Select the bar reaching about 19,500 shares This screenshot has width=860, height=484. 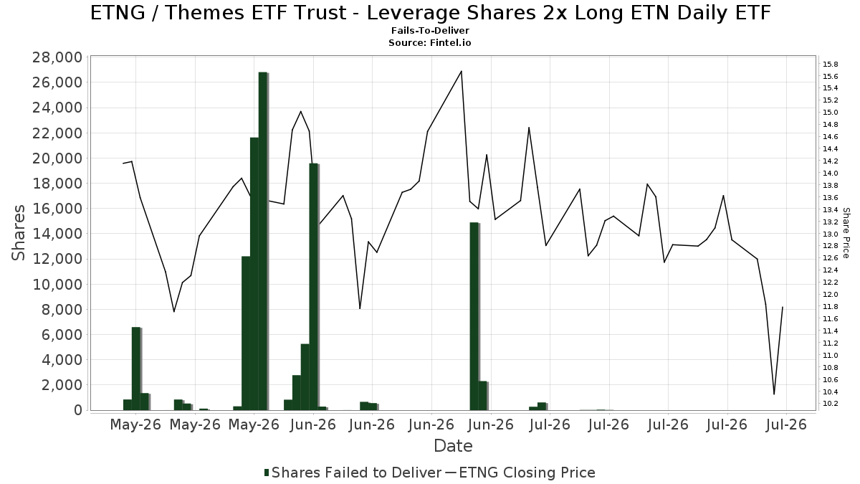[314, 287]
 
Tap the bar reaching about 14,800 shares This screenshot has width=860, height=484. [474, 316]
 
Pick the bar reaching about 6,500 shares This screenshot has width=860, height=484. [136, 369]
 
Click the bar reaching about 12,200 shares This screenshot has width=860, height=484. [246, 333]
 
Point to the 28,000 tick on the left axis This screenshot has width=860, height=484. [57, 57]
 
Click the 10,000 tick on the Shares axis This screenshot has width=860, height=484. [57, 284]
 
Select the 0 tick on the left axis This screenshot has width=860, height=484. [78, 410]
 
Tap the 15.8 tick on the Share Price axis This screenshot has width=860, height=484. [830, 64]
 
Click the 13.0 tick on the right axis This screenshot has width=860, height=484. [830, 234]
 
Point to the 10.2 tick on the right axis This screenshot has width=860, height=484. [830, 404]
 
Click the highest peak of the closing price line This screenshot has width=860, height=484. [461, 71]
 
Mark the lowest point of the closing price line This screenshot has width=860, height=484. [774, 394]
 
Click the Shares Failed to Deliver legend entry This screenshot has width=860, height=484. [353, 473]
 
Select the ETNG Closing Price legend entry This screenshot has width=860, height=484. [520, 473]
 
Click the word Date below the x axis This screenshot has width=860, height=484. [453, 446]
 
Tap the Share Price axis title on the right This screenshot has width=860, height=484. [846, 233]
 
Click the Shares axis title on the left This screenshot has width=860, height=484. [19, 233]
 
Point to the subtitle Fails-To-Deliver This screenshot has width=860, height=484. [430, 30]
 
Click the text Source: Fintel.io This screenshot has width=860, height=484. [430, 42]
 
